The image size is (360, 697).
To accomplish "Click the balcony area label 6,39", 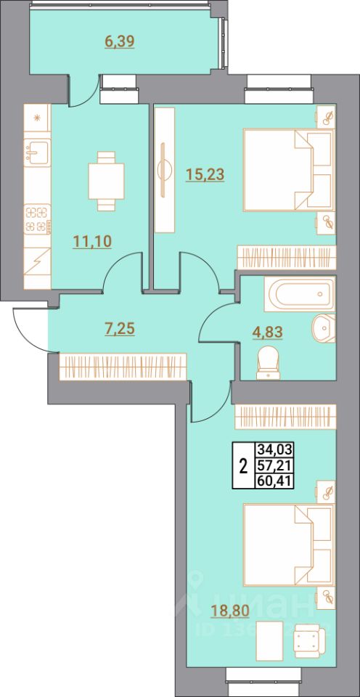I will (120, 41).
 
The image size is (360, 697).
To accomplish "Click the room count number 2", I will (242, 465).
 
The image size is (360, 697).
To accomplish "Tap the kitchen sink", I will (36, 152).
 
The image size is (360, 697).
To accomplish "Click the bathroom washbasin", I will (322, 328).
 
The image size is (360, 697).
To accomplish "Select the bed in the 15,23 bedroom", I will (287, 171).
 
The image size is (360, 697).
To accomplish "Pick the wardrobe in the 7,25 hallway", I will (123, 365).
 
